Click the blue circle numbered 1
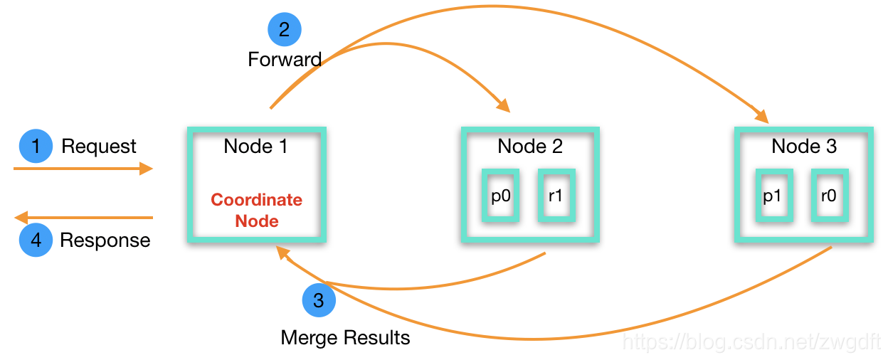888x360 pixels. click(x=36, y=146)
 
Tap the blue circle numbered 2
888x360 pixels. click(x=284, y=29)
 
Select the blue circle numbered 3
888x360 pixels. click(x=319, y=300)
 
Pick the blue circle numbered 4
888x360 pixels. click(x=36, y=240)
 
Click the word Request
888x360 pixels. click(x=99, y=147)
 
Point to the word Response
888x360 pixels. click(x=105, y=240)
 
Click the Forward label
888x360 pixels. click(x=285, y=60)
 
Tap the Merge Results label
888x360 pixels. click(x=345, y=338)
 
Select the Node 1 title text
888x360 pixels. click(x=255, y=146)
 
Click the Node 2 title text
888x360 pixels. click(x=530, y=146)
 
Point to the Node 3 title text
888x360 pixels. click(x=804, y=146)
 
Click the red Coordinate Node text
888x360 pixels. click(x=256, y=210)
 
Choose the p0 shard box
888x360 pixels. click(x=501, y=196)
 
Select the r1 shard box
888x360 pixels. click(x=556, y=196)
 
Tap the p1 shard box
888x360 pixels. click(x=774, y=196)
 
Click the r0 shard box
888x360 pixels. click(x=830, y=196)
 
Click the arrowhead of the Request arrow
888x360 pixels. click(x=146, y=169)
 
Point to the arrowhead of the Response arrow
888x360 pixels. click(x=21, y=218)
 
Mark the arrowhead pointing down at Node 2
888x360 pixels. click(x=504, y=106)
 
